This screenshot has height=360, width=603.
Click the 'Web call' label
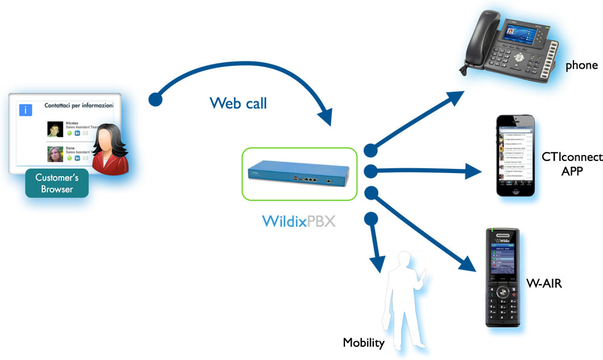(x=238, y=103)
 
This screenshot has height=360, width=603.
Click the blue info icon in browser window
(x=26, y=110)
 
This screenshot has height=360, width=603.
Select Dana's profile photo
(x=55, y=154)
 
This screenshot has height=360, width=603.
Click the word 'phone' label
(x=581, y=65)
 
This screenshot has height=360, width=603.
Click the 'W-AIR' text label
(x=544, y=282)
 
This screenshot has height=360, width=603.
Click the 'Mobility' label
(x=364, y=343)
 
